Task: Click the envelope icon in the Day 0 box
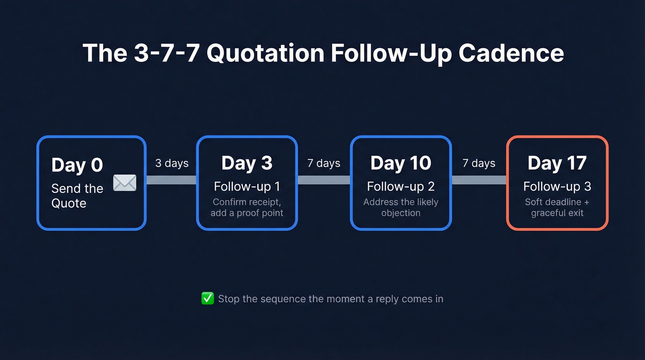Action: pos(125,183)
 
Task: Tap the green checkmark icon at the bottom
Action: pos(208,299)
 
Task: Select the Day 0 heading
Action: pos(77,165)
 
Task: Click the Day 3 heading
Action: pos(246,163)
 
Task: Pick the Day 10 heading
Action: pos(400,163)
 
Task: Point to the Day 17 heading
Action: pos(557,163)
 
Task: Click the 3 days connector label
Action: pos(172,164)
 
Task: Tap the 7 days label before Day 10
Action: pos(324,164)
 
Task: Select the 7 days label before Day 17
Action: pos(479,164)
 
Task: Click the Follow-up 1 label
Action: pos(246,187)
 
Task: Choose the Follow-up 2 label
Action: pos(400,187)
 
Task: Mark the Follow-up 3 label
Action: pos(557,187)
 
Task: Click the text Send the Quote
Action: pos(77,195)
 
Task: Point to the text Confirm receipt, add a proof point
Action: pos(246,207)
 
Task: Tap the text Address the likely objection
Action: pos(400,207)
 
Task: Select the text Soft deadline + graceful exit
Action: pos(557,207)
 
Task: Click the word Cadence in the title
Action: pos(511,53)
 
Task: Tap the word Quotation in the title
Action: pos(265,53)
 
